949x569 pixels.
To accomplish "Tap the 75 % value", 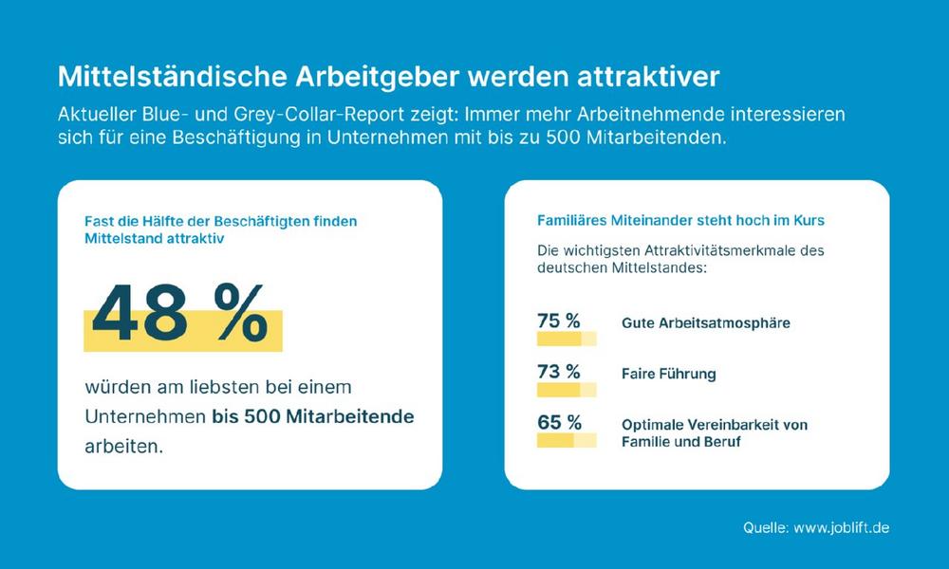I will [x=558, y=321].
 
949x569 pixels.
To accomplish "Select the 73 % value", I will [x=558, y=371].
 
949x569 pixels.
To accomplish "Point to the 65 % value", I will [x=558, y=423].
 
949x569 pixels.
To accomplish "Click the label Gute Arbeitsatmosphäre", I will [x=705, y=323].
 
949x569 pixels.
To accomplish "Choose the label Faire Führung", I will [x=668, y=374].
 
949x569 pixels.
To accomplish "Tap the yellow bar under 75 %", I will [x=566, y=339].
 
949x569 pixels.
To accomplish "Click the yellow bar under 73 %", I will [x=566, y=390].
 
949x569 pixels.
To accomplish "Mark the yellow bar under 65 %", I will [x=566, y=441].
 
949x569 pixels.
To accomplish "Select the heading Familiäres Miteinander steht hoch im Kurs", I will [x=680, y=220].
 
